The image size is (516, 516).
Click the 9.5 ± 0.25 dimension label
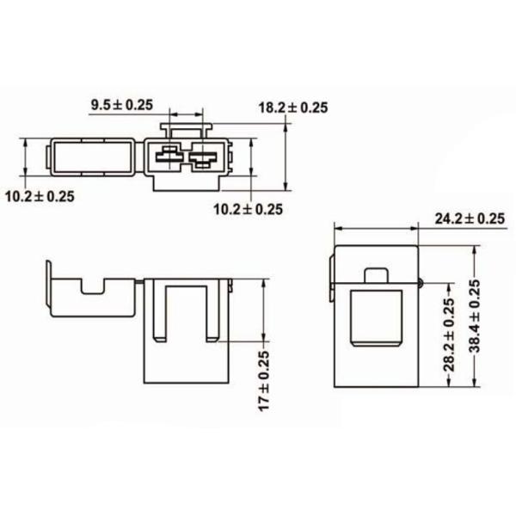(x=122, y=105)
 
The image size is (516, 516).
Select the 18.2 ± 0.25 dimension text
(x=293, y=107)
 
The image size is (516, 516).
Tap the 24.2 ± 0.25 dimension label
(x=470, y=218)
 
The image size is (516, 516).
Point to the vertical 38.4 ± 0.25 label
(x=476, y=316)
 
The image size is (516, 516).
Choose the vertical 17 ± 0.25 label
(x=264, y=381)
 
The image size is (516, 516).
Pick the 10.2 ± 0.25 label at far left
(x=40, y=196)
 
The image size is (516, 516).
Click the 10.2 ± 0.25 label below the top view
(x=249, y=209)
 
